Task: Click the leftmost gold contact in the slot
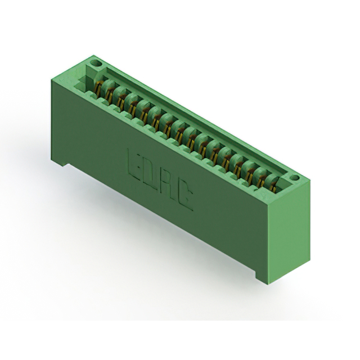[x=98, y=88]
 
